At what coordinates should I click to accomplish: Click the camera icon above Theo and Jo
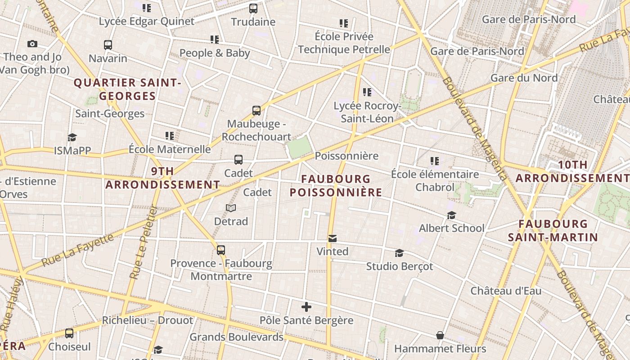(x=32, y=44)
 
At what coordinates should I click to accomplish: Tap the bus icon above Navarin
(x=108, y=45)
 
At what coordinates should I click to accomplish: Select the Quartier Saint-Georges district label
(x=127, y=89)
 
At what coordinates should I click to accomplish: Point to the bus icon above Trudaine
(x=253, y=8)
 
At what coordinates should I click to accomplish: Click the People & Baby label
(x=215, y=53)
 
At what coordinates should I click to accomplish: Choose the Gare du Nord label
(x=524, y=78)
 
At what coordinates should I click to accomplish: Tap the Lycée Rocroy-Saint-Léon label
(x=367, y=112)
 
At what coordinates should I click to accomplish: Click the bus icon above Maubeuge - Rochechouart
(x=256, y=110)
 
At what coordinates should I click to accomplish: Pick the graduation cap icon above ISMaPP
(x=72, y=137)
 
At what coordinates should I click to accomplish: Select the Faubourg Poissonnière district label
(x=336, y=186)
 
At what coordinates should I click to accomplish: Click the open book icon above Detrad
(x=231, y=208)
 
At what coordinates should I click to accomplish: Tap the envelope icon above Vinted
(x=333, y=238)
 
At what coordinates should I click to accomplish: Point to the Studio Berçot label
(x=399, y=266)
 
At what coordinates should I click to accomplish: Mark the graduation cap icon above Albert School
(x=451, y=216)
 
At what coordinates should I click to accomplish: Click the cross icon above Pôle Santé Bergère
(x=306, y=307)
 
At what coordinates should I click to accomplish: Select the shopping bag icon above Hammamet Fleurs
(x=440, y=335)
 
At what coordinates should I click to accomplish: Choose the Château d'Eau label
(x=506, y=291)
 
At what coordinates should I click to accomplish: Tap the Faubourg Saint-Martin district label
(x=553, y=230)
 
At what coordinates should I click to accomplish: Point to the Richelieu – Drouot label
(x=147, y=320)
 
